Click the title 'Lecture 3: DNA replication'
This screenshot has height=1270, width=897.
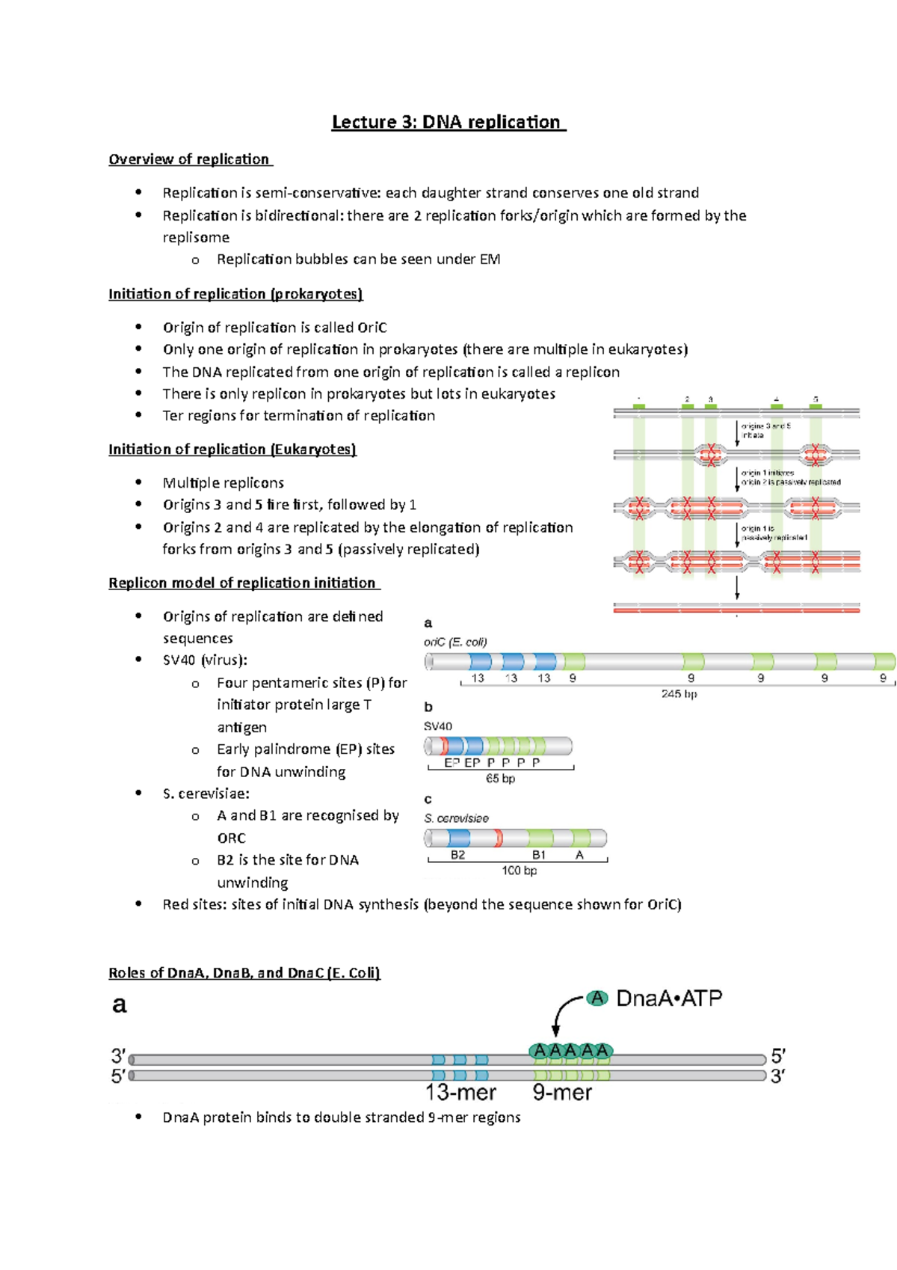[x=449, y=122]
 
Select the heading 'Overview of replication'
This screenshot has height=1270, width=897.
[x=190, y=159]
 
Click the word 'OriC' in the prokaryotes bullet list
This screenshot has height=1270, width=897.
[x=372, y=328]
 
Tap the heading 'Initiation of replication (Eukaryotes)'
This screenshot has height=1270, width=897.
[x=232, y=450]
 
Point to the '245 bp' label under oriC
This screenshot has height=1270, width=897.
[x=679, y=694]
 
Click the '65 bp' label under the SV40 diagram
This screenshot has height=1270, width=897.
[x=500, y=779]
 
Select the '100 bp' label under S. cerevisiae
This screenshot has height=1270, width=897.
[x=519, y=871]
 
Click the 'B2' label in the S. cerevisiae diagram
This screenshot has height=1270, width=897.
[x=457, y=855]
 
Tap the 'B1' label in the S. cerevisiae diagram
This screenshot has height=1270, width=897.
[x=539, y=855]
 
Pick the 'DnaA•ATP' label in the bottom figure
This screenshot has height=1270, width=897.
[x=669, y=998]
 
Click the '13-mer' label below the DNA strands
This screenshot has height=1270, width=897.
[x=460, y=1093]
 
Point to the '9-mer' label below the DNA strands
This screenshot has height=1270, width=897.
[x=562, y=1093]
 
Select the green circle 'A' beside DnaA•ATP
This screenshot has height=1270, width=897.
[x=597, y=998]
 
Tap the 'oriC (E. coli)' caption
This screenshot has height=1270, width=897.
[x=455, y=642]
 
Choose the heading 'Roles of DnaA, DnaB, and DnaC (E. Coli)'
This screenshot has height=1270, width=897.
[x=244, y=973]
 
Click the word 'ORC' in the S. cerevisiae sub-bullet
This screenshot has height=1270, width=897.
[x=232, y=838]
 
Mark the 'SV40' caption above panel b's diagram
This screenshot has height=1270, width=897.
[x=438, y=726]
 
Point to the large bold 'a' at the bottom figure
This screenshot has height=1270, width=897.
[x=120, y=1004]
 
